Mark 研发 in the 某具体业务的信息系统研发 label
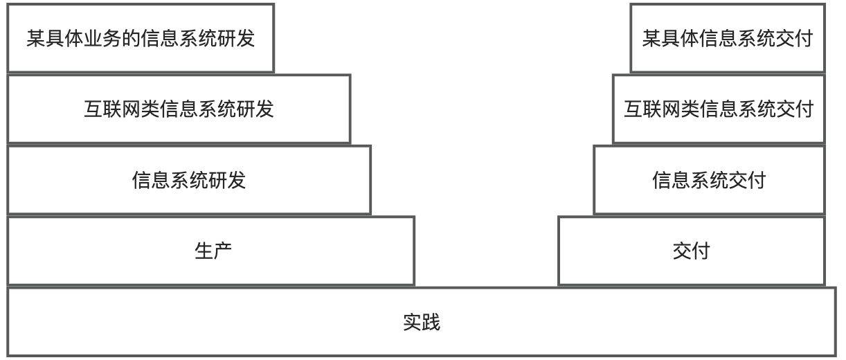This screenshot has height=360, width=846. pyautogui.click(x=236, y=38)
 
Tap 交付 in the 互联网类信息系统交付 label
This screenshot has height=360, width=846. pyautogui.click(x=795, y=109)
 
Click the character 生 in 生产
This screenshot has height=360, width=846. pyautogui.click(x=204, y=251)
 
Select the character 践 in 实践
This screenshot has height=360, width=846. pyautogui.click(x=431, y=323)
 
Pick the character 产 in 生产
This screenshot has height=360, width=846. pyautogui.click(x=222, y=251)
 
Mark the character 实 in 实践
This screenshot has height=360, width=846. pyautogui.click(x=412, y=323)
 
